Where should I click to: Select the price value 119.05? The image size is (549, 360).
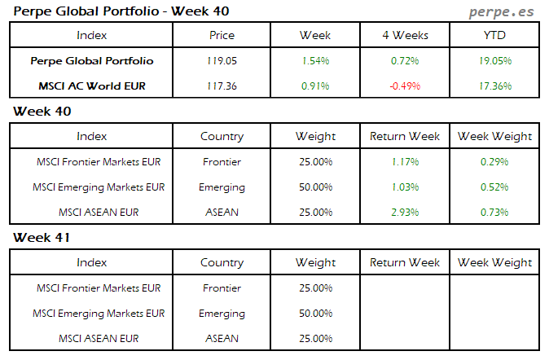click(x=222, y=61)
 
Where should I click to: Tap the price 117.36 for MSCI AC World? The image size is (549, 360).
click(x=222, y=86)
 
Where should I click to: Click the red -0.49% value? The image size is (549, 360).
click(x=405, y=86)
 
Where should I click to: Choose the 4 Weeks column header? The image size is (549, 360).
click(x=405, y=36)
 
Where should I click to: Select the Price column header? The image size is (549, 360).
click(x=222, y=36)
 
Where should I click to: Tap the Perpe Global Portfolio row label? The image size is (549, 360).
click(x=91, y=61)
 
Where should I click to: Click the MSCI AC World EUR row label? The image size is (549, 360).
click(x=91, y=86)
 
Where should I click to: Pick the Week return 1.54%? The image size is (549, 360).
click(x=314, y=61)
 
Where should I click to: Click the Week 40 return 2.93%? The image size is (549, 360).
click(x=405, y=213)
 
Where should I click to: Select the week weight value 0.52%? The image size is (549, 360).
click(x=495, y=187)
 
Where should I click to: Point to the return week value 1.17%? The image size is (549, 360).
click(x=405, y=162)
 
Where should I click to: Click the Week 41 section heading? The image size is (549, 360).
click(x=42, y=238)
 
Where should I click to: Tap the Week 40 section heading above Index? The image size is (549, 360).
click(x=42, y=111)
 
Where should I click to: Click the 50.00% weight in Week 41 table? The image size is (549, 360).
click(x=315, y=314)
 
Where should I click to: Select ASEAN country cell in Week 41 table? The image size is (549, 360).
click(x=222, y=339)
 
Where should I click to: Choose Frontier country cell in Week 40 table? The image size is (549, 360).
click(x=222, y=162)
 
